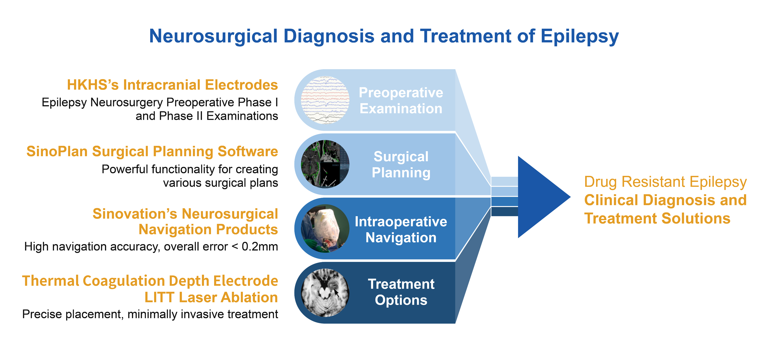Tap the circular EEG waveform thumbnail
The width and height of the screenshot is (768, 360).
tap(325, 100)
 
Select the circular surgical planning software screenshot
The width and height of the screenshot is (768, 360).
tap(325, 164)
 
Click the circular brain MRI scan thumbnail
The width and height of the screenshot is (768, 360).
tap(325, 293)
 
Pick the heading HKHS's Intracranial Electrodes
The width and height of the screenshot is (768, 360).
tap(172, 85)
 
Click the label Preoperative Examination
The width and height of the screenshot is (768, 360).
tap(401, 100)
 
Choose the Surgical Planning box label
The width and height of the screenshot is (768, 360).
tap(401, 164)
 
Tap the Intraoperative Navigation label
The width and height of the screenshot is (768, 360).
tap(401, 229)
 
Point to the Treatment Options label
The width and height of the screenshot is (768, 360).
tap(401, 292)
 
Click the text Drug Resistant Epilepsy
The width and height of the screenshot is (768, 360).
tap(665, 182)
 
